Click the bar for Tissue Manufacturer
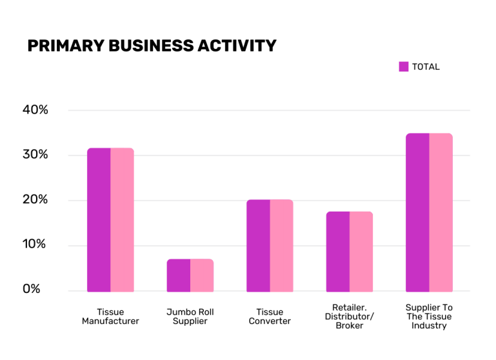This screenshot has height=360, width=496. (x=110, y=220)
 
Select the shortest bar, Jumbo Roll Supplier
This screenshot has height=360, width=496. (x=190, y=275)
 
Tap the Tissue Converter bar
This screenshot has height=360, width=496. (x=270, y=246)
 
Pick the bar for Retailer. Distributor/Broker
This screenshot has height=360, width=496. (x=349, y=252)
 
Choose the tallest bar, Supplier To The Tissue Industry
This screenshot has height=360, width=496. (x=429, y=212)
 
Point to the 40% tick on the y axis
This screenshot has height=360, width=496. (x=35, y=110)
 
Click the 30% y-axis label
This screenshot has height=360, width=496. (x=35, y=155)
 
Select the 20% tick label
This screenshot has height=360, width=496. (x=35, y=199)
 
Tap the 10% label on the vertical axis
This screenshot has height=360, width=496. (x=35, y=245)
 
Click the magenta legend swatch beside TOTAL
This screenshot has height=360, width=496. (x=404, y=66)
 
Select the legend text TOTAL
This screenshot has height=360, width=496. (x=426, y=66)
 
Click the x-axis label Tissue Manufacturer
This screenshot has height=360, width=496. (x=110, y=316)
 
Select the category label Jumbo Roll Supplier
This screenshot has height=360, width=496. (x=190, y=316)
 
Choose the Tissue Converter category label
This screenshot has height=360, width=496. (x=270, y=316)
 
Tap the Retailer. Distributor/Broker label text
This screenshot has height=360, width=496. (x=349, y=316)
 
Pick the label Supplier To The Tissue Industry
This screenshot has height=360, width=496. (x=429, y=316)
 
